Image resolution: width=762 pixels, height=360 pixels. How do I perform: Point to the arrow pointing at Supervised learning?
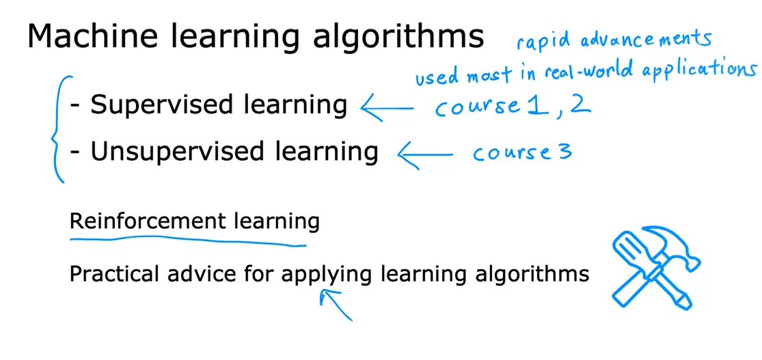(x=386, y=107)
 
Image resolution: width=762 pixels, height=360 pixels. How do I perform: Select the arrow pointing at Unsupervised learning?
(x=424, y=154)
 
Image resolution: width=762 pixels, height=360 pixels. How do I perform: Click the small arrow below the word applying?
(x=336, y=303)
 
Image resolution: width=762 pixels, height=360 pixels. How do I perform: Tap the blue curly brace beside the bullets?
(x=59, y=130)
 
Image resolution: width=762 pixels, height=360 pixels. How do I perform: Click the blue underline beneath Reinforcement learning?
(x=188, y=240)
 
